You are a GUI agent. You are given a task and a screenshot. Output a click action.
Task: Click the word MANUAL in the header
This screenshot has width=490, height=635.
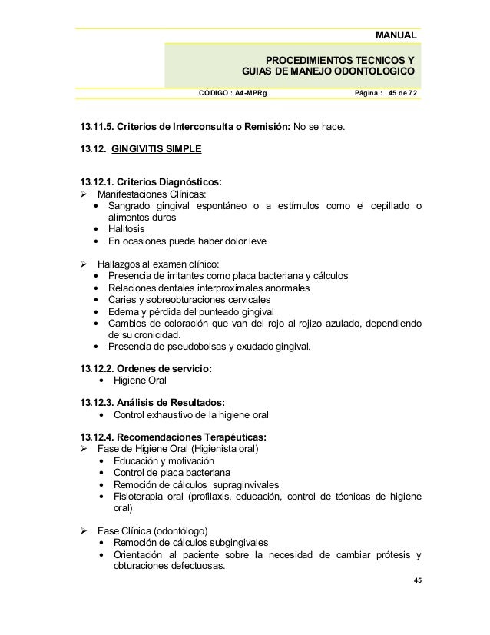pos(396,35)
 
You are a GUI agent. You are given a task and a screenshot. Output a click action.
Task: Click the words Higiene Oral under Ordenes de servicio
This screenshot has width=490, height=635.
pos(139,381)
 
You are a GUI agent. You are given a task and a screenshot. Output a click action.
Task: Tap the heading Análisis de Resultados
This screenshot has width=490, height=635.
pos(175,401)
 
